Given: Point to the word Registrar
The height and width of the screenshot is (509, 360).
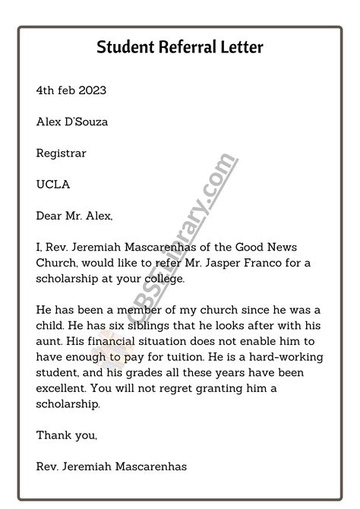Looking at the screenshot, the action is (62, 153).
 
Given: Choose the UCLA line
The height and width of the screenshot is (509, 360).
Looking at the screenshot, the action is (51, 184).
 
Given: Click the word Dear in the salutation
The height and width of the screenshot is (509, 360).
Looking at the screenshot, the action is (50, 216).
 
